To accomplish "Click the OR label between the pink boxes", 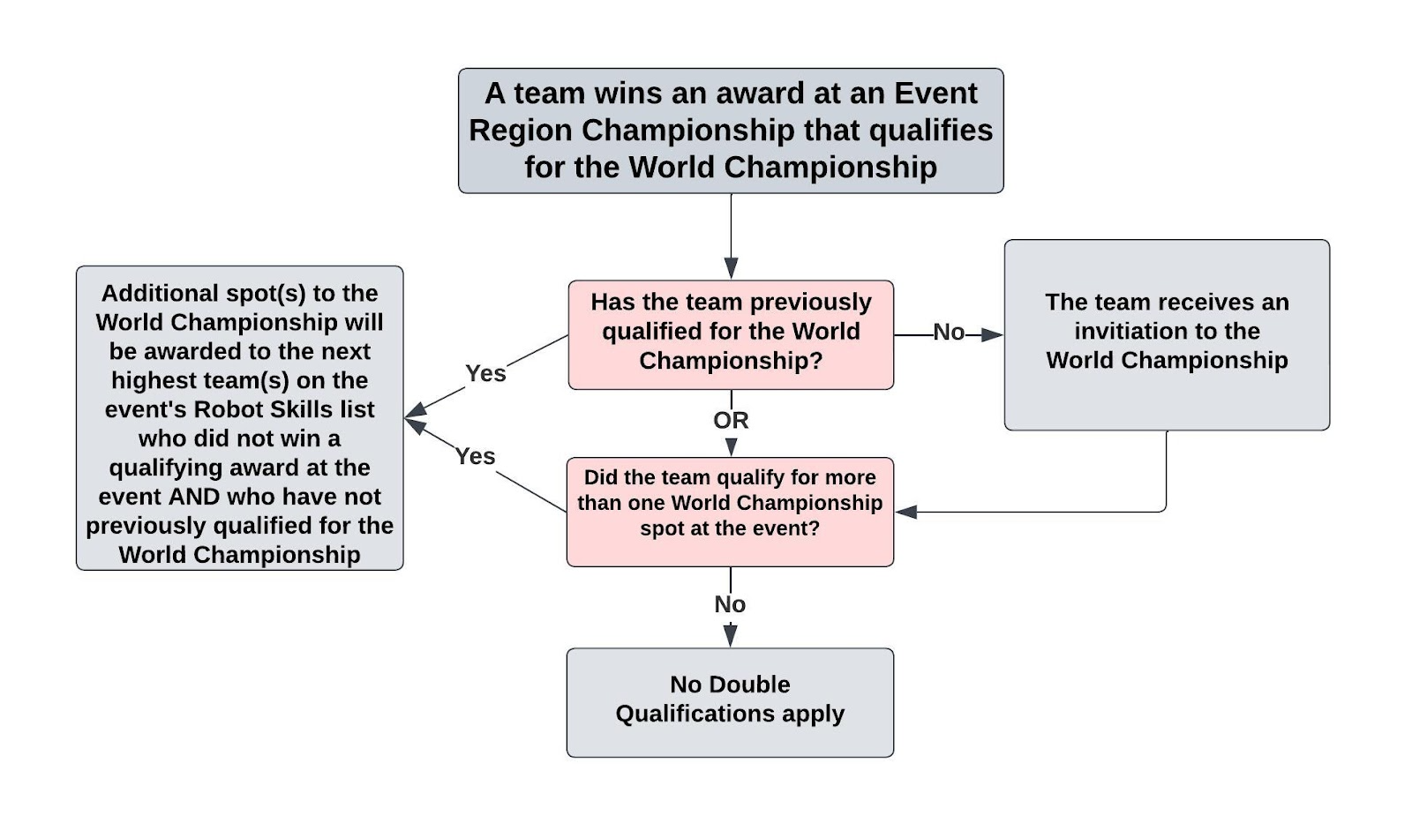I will coord(731,420).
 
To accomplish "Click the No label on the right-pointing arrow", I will coord(949,333).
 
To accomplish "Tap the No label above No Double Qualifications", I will coord(730,604).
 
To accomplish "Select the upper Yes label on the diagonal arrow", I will coord(485,373).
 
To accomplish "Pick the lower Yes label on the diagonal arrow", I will coord(475,456).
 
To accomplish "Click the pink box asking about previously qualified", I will coord(731,334).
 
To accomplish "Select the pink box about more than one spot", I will coord(730,512).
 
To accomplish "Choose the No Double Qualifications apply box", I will coord(730,702).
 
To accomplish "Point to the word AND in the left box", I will coord(193,497).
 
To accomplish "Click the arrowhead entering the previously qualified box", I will coord(731,268).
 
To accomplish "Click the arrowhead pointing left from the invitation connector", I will coord(905,512).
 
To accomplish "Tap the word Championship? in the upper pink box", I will coord(731,361).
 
